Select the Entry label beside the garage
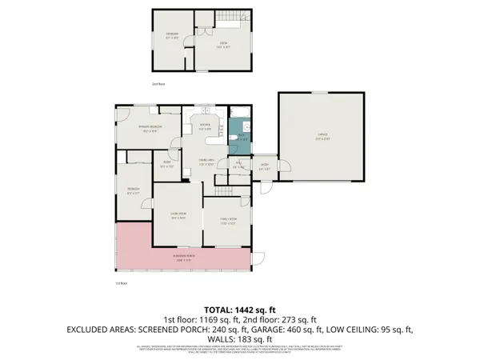point(264,168)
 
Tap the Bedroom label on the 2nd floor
point(172,36)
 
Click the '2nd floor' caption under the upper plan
point(158,82)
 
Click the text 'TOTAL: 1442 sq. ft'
point(239,309)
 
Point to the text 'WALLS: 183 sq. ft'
point(239,338)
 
